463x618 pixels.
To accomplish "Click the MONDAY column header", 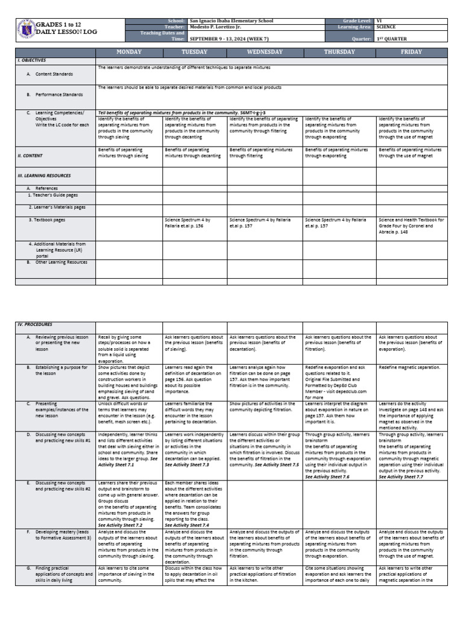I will pos(128,53).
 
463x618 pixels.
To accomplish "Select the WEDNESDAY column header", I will pos(264,53).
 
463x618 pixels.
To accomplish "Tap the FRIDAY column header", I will pos(412,53).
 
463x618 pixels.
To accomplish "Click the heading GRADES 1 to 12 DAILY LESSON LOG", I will pos(66,28).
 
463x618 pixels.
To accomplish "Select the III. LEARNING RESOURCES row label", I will pos(44,176).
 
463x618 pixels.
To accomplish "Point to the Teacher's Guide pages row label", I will pos(53,195).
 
